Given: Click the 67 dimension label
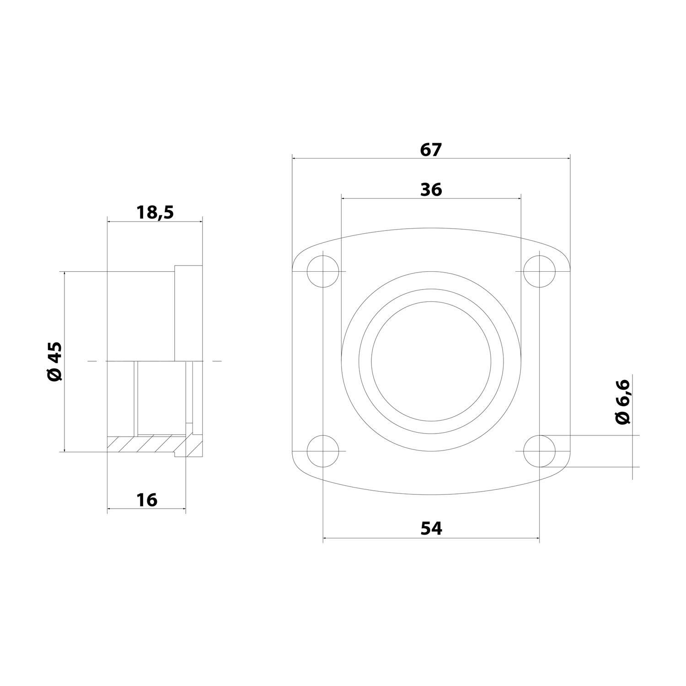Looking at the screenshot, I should point(431,150).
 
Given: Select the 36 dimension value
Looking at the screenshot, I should point(431,189).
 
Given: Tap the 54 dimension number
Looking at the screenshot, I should point(431,529).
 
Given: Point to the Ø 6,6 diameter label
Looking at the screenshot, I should point(623,402).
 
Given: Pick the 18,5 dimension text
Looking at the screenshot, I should point(155,212).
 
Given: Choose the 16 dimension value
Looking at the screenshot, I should point(147,500).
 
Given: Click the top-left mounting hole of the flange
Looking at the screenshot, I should point(323,272).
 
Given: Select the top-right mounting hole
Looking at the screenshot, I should point(540,272).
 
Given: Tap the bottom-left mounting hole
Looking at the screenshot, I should point(323,451).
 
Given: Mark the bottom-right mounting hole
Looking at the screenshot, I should point(540,451).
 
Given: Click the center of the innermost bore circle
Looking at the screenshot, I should point(431,361).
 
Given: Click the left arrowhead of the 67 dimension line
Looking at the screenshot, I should point(295,158).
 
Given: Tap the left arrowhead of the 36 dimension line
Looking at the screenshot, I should point(344,198).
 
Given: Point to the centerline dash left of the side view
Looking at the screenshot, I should point(92,361).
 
